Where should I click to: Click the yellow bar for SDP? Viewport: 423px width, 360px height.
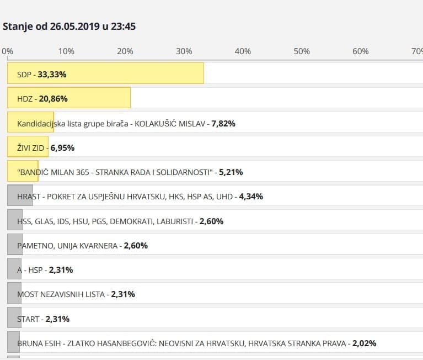click(105, 73)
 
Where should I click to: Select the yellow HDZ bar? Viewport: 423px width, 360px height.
click(69, 98)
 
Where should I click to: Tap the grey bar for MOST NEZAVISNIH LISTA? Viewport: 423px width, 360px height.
click(14, 294)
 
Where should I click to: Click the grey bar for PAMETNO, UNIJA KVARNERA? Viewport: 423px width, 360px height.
click(15, 245)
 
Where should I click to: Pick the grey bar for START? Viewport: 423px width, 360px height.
click(14, 319)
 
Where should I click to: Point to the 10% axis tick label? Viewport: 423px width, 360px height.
click(66, 51)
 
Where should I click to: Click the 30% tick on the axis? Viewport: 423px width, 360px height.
click(184, 51)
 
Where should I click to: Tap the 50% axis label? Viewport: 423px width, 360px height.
click(302, 51)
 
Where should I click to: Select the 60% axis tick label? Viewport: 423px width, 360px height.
click(360, 51)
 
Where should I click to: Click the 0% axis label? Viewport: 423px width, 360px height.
click(8, 51)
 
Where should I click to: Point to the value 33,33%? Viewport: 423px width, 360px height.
click(52, 74)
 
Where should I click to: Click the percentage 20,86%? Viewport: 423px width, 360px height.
click(53, 99)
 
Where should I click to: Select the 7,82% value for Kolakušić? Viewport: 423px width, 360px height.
click(223, 124)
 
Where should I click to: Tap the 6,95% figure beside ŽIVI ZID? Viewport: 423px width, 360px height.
click(62, 148)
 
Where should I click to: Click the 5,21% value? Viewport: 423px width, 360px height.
click(231, 172)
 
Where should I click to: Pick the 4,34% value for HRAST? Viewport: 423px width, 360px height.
click(251, 197)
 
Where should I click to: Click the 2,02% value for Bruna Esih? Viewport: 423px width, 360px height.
click(364, 343)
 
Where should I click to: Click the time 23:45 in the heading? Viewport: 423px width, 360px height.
click(123, 26)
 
